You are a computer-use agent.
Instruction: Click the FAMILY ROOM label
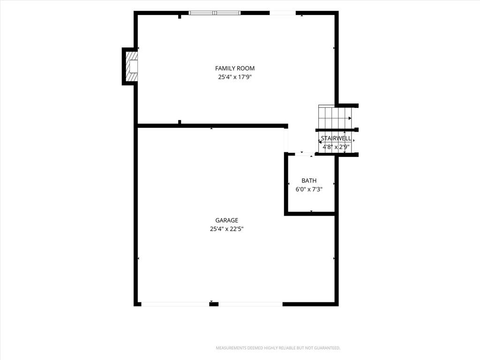[x=235, y=68]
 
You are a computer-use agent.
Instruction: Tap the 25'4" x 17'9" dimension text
[x=235, y=77]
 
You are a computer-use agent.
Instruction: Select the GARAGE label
[x=226, y=220]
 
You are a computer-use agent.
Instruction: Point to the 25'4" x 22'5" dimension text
[x=226, y=229]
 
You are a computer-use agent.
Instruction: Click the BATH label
[x=309, y=180]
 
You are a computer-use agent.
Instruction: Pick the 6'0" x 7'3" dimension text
[x=309, y=189]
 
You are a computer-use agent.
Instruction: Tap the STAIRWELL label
[x=336, y=138]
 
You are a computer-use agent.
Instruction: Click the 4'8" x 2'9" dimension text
[x=336, y=147]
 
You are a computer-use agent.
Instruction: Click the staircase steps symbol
[x=335, y=118]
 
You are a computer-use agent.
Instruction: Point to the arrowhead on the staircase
[x=350, y=118]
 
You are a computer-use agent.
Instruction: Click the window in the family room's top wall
[x=214, y=13]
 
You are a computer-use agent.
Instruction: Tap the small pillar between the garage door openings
[x=214, y=304]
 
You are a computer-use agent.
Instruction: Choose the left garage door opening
[x=175, y=304]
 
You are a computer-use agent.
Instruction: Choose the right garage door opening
[x=250, y=304]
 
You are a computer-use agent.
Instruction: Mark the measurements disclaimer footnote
[x=278, y=348]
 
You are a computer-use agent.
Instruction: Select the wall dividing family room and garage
[x=213, y=126]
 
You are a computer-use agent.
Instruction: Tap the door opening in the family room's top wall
[x=283, y=13]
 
